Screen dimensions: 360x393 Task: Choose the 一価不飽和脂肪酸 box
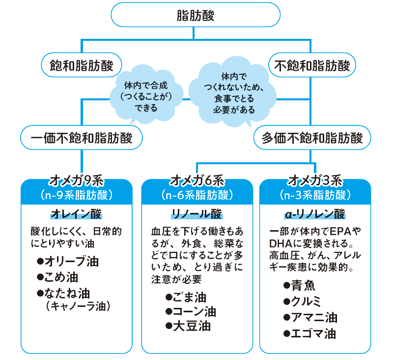click(82, 138)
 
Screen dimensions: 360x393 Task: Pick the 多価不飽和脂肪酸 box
click(311, 138)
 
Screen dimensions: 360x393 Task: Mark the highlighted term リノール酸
click(196, 214)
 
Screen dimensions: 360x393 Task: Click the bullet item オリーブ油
click(69, 261)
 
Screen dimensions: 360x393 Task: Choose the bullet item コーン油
click(192, 311)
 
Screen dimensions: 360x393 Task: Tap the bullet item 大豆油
click(189, 326)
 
